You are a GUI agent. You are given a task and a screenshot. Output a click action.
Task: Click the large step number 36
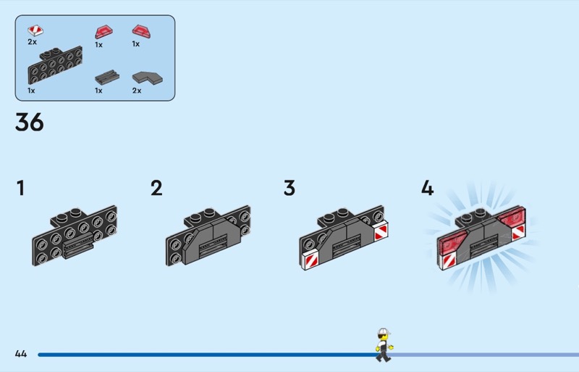[x=30, y=123]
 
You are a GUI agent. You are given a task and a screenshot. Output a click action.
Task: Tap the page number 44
[x=20, y=354]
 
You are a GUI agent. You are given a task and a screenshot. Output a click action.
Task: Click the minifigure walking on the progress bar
[x=383, y=345]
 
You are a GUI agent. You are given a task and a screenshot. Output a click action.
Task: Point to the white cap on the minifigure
[x=384, y=332]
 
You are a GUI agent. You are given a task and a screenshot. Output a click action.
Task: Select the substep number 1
[x=20, y=189]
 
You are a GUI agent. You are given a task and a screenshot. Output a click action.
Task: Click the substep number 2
[x=156, y=189]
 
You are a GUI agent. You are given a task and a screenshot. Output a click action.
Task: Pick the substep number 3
[x=289, y=189]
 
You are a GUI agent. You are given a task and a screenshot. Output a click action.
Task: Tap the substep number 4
[x=427, y=189]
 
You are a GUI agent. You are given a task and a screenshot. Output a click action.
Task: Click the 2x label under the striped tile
[x=33, y=42]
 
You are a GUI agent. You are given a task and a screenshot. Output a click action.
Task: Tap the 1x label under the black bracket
[x=31, y=91]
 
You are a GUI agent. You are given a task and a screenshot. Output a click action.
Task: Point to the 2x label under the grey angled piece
[x=137, y=91]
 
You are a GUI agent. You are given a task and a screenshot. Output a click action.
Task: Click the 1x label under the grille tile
[x=98, y=91]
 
